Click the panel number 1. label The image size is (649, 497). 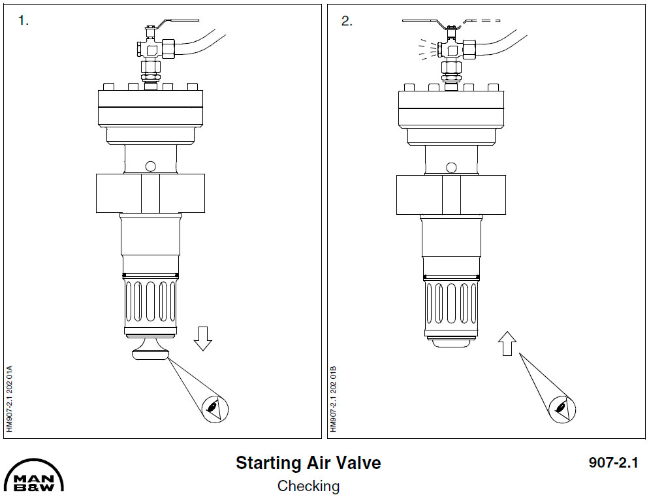coord(24,21)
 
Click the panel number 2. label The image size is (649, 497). coord(347,21)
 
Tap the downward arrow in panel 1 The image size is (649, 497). coord(203,338)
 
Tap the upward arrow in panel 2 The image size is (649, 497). coord(507,344)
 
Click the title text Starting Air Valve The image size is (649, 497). coord(308,463)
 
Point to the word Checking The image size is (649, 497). coord(308,486)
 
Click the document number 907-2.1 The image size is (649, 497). coord(612,463)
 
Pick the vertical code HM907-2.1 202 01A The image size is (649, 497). coord(9,398)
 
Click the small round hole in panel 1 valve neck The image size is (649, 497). coord(151,166)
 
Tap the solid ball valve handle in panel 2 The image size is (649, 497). coord(424,22)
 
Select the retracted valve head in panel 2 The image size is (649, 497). coord(451,342)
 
